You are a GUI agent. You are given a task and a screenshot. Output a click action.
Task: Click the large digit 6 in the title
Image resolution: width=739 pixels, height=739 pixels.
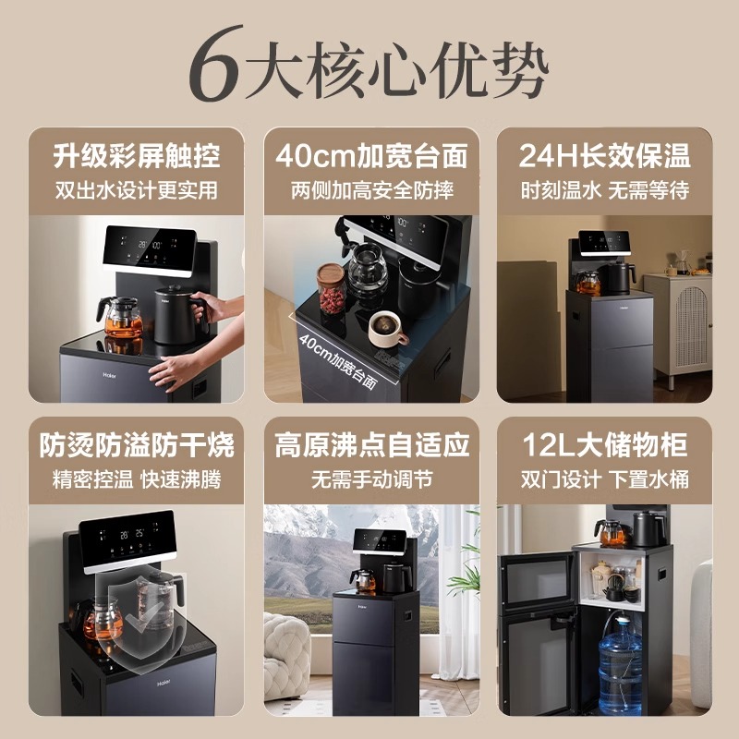point(216,67)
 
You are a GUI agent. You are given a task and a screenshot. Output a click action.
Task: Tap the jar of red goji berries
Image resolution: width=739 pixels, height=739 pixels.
point(331,290)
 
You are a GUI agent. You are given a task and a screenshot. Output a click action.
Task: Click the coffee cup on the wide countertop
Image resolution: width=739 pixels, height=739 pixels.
point(388,329)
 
